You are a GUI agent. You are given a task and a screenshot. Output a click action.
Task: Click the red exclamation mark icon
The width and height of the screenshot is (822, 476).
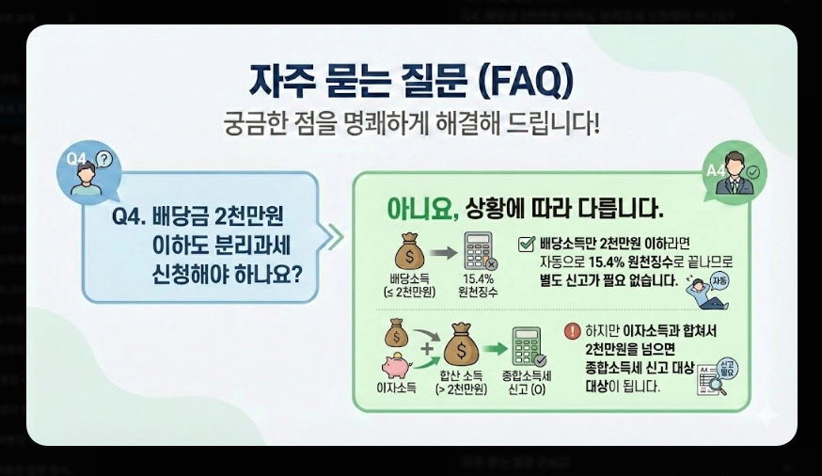click(573, 331)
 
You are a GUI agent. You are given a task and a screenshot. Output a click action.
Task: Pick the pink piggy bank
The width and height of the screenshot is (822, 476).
click(396, 366)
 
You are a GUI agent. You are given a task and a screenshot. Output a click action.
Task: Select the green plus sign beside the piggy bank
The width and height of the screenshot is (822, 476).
click(428, 351)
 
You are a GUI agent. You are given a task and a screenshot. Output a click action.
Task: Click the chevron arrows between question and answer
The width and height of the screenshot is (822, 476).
click(334, 236)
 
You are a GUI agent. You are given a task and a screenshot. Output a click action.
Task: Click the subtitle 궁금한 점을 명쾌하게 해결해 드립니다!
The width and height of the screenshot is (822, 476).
click(410, 124)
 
